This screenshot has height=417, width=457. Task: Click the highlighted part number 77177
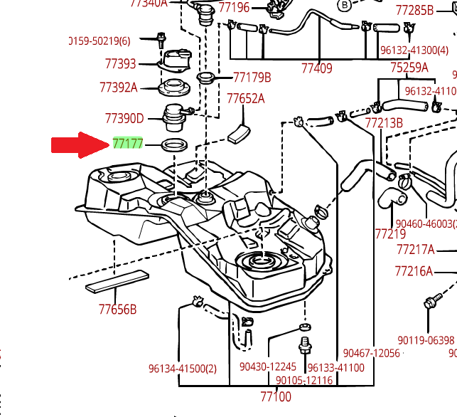click(128, 144)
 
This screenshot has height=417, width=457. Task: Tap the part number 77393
click(120, 64)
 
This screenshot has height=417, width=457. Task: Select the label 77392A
click(118, 88)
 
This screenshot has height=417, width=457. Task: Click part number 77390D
click(124, 118)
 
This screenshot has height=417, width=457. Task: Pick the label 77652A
click(245, 98)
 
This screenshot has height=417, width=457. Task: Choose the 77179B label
click(252, 77)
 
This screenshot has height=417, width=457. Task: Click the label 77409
click(316, 68)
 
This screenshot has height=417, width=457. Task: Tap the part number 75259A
click(409, 68)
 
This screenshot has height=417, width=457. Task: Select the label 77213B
click(384, 122)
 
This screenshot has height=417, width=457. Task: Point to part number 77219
click(390, 233)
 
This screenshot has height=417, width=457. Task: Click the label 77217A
click(415, 250)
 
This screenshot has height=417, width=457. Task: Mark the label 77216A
click(414, 271)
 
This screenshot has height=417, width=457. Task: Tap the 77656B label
click(117, 310)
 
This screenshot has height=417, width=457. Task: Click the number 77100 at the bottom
click(276, 396)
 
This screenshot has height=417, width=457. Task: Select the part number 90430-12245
click(267, 367)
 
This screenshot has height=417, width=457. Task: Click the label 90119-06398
click(426, 340)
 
